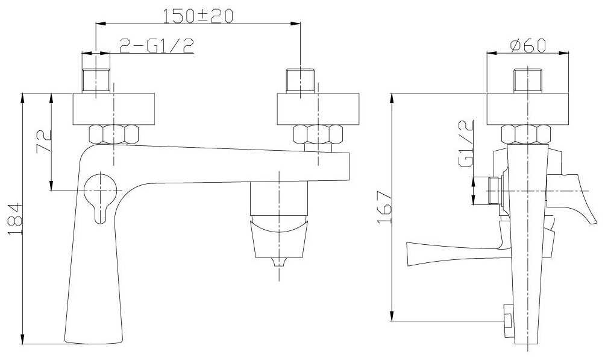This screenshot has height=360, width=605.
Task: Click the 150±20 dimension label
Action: pyautogui.click(x=198, y=16)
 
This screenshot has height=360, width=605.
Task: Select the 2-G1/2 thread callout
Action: pyautogui.click(x=156, y=46)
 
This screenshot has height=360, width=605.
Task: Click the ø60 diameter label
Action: pyautogui.click(x=528, y=45)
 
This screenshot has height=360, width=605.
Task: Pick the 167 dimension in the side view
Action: pyautogui.click(x=384, y=207)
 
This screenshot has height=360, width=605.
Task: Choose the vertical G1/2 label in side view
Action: pyautogui.click(x=466, y=144)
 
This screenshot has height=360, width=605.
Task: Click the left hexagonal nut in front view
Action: pyautogui.click(x=113, y=134)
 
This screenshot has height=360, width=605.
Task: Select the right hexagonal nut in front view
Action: pyautogui.click(x=318, y=134)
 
